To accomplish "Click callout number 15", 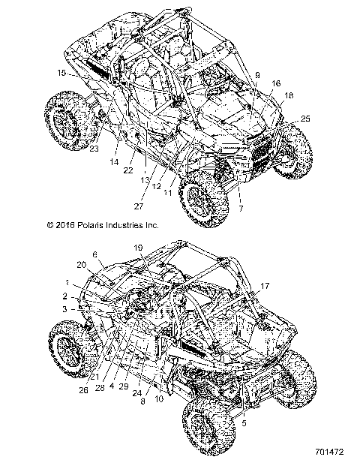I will click(61, 73).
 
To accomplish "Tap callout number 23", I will click(94, 149).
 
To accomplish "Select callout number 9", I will click(257, 74).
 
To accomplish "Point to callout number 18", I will click(289, 95).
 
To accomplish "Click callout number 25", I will click(304, 119).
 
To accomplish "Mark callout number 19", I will click(138, 248).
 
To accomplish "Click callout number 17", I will click(265, 285).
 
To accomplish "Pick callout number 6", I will click(94, 254).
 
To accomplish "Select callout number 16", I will click(276, 83).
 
